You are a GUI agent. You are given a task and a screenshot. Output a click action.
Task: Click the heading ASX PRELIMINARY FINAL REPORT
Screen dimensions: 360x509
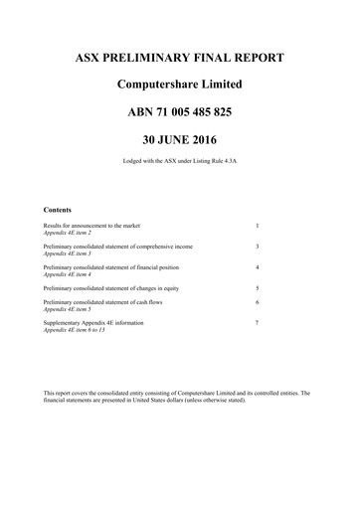179,58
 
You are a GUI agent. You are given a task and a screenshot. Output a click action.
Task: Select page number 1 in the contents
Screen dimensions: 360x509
257,227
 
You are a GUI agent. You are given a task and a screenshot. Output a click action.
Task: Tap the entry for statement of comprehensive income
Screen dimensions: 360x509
118,246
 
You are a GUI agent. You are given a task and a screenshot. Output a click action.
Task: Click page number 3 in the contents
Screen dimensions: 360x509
257,246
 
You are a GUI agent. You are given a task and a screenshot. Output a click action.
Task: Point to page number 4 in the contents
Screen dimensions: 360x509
257,267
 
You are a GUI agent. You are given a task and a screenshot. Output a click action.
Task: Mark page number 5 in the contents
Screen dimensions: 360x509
257,287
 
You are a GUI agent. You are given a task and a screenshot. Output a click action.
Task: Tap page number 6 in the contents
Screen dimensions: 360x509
257,301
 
